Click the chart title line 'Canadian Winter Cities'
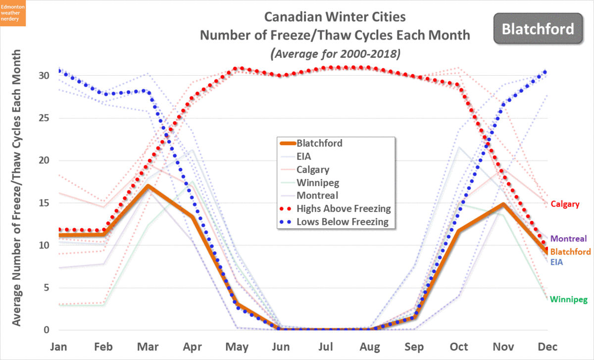point(335,17)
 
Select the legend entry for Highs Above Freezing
point(344,208)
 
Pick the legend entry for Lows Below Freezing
point(343,221)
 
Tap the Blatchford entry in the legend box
point(319,144)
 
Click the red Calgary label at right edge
point(564,204)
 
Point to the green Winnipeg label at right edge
point(568,300)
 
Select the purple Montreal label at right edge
point(568,239)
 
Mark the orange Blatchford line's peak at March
point(148,186)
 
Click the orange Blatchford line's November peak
point(503,204)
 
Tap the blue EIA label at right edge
point(556,262)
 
